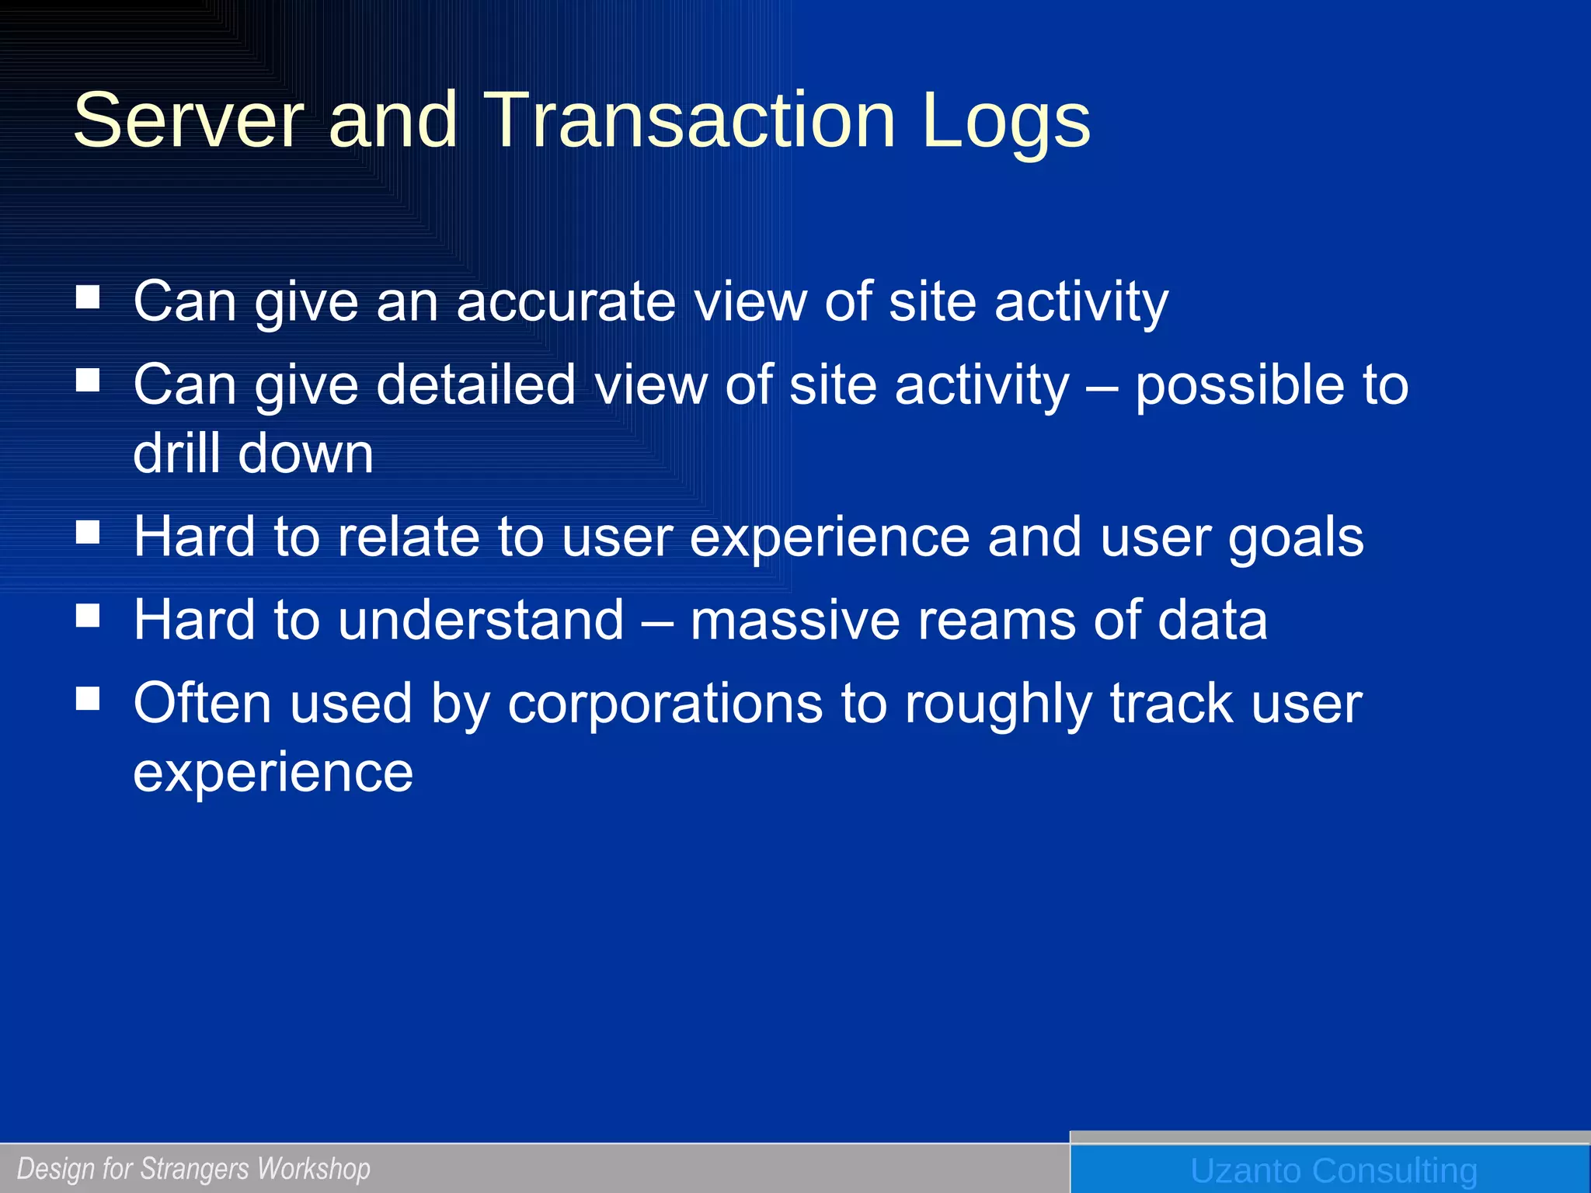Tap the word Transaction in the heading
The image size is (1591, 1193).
coord(689,120)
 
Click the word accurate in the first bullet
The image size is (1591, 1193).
coord(566,301)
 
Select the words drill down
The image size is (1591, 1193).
coord(253,454)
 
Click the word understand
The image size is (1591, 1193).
coord(481,620)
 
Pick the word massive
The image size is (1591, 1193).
coord(795,620)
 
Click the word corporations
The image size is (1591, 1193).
coord(665,704)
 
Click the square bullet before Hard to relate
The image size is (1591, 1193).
coord(89,532)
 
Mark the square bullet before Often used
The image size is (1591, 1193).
coord(89,698)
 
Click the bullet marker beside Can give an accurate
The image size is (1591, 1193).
coord(89,297)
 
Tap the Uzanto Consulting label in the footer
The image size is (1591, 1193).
coord(1333,1170)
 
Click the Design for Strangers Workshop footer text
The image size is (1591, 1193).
coord(193,1168)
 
